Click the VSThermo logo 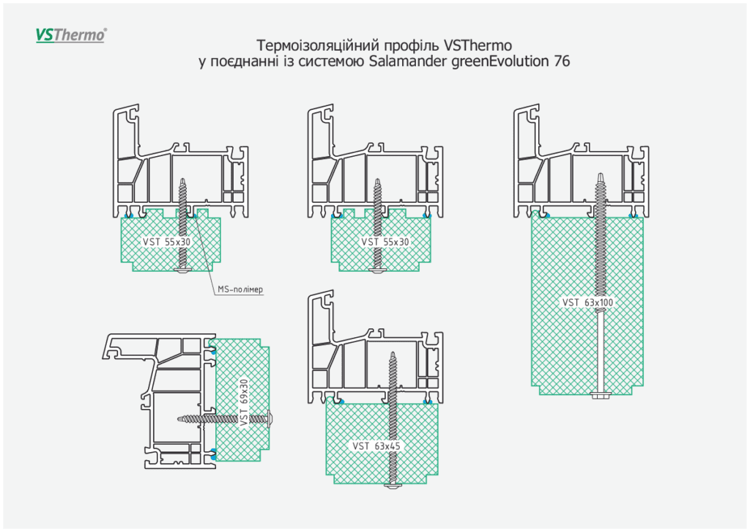71,34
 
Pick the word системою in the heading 335,62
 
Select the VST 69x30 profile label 244,402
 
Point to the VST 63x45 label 377,446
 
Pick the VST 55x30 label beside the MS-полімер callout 167,242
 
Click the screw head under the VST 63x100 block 600,396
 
